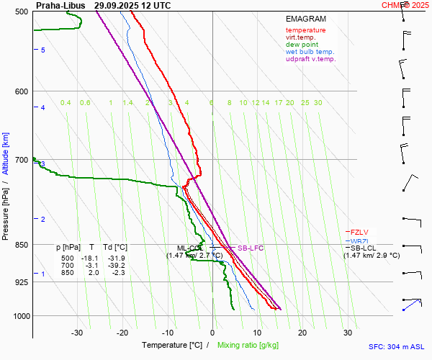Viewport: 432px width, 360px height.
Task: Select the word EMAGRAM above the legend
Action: coord(306,18)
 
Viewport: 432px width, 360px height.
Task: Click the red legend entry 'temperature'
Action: coord(305,30)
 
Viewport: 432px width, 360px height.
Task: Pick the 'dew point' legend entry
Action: coord(302,45)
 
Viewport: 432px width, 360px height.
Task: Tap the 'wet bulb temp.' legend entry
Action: coord(310,52)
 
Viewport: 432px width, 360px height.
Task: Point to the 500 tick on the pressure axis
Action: coord(21,12)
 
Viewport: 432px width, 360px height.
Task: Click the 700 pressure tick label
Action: coord(21,160)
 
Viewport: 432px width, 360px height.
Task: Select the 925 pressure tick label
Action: coord(21,282)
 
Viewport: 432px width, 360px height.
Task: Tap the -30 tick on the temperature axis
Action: coord(77,333)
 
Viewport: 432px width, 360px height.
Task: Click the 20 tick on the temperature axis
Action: coord(302,333)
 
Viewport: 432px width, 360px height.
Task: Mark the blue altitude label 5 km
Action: coord(43,50)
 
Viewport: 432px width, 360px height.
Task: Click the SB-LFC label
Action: coord(251,248)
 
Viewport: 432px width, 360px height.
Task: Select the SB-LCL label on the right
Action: coord(364,248)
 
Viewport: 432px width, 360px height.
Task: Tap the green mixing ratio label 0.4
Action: coord(66,103)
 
